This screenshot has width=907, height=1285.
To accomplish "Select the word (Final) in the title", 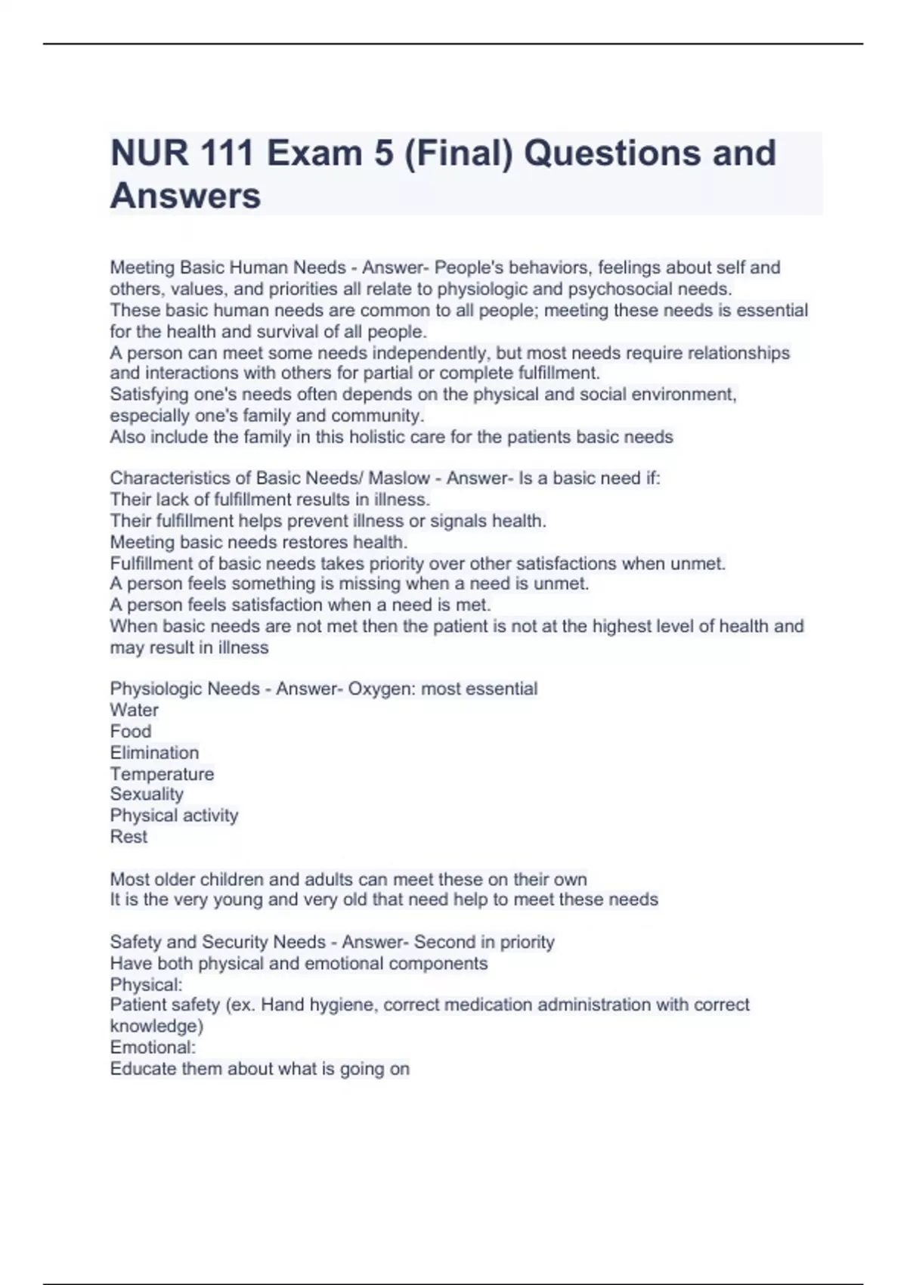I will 458,153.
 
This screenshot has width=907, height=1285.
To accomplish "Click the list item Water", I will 135,710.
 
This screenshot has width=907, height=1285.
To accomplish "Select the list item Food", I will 131,731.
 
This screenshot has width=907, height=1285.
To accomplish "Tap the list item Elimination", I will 154,752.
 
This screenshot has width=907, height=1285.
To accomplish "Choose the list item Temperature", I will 162,773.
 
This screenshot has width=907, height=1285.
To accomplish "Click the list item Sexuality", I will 147,794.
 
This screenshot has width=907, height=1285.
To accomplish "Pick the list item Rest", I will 128,836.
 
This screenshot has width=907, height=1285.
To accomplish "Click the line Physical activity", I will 174,815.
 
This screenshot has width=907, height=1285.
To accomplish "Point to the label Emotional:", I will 153,1047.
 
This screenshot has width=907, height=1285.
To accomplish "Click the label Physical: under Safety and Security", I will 146,984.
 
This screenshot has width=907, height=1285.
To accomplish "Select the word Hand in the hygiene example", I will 282,1005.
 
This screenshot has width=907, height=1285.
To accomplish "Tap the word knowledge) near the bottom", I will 156,1026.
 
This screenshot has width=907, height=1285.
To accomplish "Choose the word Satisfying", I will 150,394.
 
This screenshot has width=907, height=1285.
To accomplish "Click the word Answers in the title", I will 186,196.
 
